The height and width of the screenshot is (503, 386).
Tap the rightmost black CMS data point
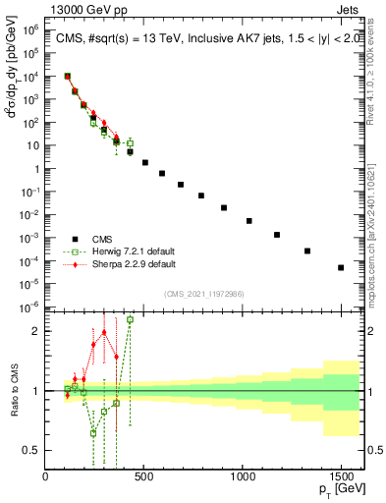click(x=341, y=267)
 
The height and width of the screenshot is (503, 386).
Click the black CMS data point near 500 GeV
click(x=145, y=162)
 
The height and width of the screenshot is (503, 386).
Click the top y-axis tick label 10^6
click(x=28, y=30)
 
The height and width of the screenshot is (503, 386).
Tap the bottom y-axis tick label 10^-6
click(x=28, y=307)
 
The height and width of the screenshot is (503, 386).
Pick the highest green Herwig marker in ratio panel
click(x=130, y=319)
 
